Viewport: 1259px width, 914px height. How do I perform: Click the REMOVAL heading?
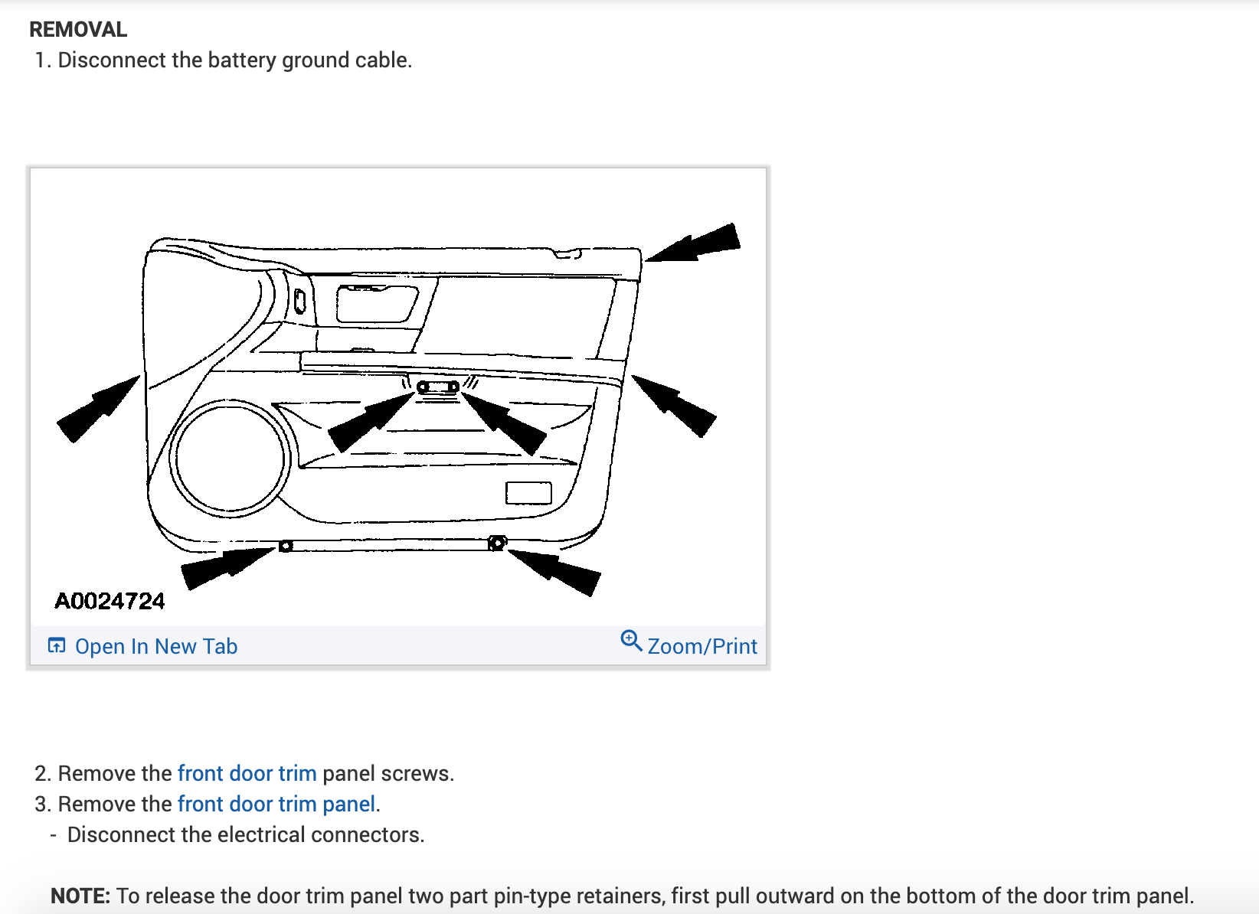(x=78, y=29)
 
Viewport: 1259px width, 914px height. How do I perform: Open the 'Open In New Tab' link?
(x=155, y=647)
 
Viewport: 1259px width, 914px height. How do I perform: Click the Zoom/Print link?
(x=701, y=647)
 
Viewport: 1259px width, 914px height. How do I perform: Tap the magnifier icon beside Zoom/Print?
(x=631, y=640)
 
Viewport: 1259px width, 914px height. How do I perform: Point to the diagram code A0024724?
(x=110, y=601)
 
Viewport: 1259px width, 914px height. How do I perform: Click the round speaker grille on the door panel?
(x=230, y=458)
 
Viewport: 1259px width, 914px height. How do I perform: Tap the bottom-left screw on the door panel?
(x=286, y=546)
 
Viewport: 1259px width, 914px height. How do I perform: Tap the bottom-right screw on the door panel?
(x=497, y=543)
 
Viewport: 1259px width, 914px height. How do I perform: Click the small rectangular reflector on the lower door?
(x=528, y=493)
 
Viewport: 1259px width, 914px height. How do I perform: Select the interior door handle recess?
(x=375, y=303)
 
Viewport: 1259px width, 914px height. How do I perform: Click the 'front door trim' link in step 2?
(x=247, y=773)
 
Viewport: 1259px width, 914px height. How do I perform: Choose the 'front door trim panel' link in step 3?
(x=276, y=804)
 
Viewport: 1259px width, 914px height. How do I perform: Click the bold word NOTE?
(x=80, y=896)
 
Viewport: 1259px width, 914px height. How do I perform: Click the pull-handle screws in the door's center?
(x=438, y=387)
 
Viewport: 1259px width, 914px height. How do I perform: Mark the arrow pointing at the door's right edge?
(x=674, y=406)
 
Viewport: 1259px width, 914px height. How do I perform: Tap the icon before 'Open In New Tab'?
(x=57, y=645)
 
